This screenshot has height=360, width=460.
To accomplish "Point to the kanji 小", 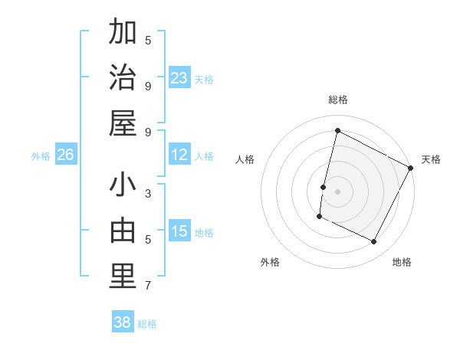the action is pyautogui.click(x=123, y=187).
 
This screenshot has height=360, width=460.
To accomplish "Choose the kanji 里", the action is pyautogui.click(x=123, y=277).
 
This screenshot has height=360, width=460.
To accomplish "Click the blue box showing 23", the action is pyautogui.click(x=179, y=78).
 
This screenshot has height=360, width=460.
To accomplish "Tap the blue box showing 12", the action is pyautogui.click(x=179, y=155).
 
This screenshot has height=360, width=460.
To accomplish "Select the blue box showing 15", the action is pyautogui.click(x=179, y=231).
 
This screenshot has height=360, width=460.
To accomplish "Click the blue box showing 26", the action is pyautogui.click(x=65, y=155).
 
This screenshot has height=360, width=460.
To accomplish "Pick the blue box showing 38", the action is pyautogui.click(x=123, y=322).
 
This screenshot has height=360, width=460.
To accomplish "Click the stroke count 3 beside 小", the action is pyautogui.click(x=148, y=193).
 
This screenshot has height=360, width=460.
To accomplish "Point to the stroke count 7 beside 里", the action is pyautogui.click(x=148, y=286).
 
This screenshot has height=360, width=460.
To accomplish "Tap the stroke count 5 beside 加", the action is pyautogui.click(x=148, y=40).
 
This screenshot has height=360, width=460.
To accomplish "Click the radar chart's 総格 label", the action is pyautogui.click(x=338, y=100).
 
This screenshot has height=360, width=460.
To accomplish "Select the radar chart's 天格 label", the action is pyautogui.click(x=431, y=159).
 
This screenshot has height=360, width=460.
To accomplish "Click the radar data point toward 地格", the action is pyautogui.click(x=374, y=242).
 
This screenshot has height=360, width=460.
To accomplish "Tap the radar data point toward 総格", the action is pyautogui.click(x=337, y=131).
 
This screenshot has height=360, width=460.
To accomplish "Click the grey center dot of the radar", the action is pyautogui.click(x=337, y=191).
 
